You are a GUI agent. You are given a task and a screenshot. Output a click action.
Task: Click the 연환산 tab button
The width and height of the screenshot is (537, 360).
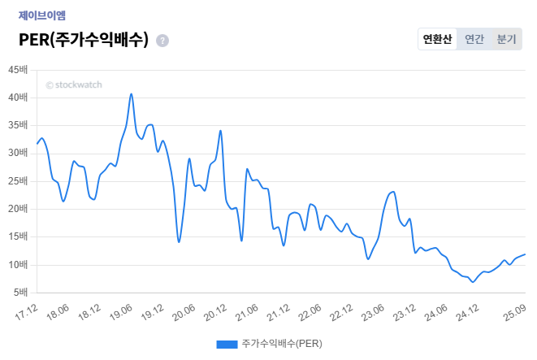[438, 39]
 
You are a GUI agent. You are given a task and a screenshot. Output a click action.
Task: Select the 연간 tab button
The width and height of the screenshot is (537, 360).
[474, 39]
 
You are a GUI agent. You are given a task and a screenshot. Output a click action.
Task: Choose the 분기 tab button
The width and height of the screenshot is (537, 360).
[506, 39]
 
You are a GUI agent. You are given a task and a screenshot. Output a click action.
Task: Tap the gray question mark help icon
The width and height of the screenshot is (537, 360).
[162, 41]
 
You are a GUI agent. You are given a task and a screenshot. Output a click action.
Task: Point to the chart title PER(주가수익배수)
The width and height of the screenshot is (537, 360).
[84, 40]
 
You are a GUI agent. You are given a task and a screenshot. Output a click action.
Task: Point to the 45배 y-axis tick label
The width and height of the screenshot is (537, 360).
[18, 70]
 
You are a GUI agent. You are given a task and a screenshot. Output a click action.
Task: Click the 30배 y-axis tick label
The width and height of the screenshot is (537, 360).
[18, 154]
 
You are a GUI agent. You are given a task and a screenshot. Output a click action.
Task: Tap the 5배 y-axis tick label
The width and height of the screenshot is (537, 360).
[20, 293]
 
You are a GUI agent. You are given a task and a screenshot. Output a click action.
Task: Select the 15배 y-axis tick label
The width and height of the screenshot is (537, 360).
[18, 237]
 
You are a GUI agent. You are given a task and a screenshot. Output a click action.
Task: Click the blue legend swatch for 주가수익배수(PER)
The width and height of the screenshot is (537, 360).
[227, 344]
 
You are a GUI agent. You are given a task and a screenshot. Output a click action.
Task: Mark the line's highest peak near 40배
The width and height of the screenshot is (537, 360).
[131, 93]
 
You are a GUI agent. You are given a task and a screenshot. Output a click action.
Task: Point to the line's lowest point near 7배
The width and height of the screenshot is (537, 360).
[472, 282]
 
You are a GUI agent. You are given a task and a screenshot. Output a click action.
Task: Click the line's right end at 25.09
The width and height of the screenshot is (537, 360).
[525, 254]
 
